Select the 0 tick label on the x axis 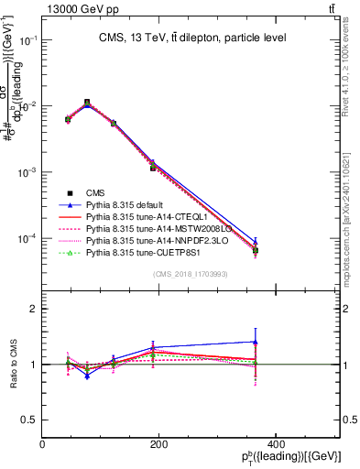43,444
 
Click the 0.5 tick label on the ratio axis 31,420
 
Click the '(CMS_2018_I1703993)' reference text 191,273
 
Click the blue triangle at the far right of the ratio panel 333,342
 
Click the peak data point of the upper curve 87,103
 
